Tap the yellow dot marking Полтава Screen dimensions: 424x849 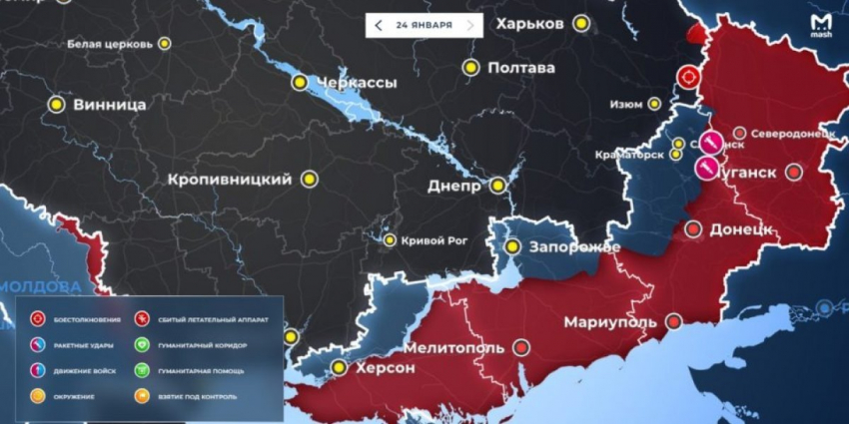[x=470, y=68]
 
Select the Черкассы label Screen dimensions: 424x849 [x=354, y=82]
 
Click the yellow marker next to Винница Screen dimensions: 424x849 [x=57, y=104]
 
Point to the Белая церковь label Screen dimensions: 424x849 [x=110, y=44]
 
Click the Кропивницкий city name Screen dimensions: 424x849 [x=230, y=180]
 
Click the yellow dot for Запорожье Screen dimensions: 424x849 [x=512, y=246]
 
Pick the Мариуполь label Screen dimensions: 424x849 [x=610, y=322]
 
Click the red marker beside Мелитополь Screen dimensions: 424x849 [x=520, y=348]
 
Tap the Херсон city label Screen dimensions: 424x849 [x=382, y=368]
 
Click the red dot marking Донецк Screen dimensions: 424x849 [x=693, y=229]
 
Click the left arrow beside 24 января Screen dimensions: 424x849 [x=378, y=24]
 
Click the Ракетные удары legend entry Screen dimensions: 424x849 [x=77, y=345]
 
